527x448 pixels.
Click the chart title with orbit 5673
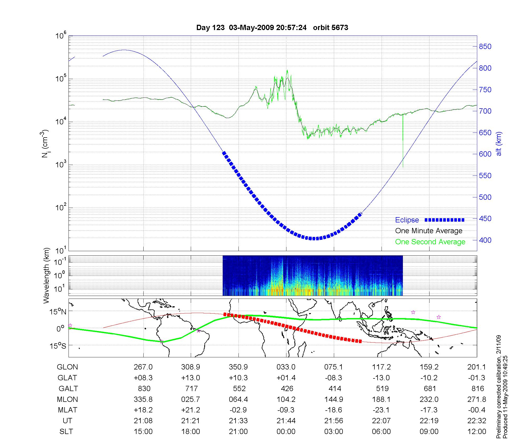coord(272,27)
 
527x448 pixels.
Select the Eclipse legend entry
coord(407,220)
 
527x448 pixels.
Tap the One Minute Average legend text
coord(429,231)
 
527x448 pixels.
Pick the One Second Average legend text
coord(430,242)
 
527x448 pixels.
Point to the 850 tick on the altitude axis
coord(485,47)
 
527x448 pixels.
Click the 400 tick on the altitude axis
coord(485,240)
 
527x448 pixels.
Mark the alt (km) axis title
coord(499,144)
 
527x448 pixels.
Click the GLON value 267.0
coord(143,367)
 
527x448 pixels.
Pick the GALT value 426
coord(287,389)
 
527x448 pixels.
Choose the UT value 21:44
coord(286,421)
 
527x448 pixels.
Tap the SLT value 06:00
coord(381,432)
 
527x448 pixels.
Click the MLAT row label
coord(67,410)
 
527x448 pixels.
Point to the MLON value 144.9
coord(334,400)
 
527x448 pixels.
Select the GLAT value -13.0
coord(381,378)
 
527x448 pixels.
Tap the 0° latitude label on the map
coord(60,329)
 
